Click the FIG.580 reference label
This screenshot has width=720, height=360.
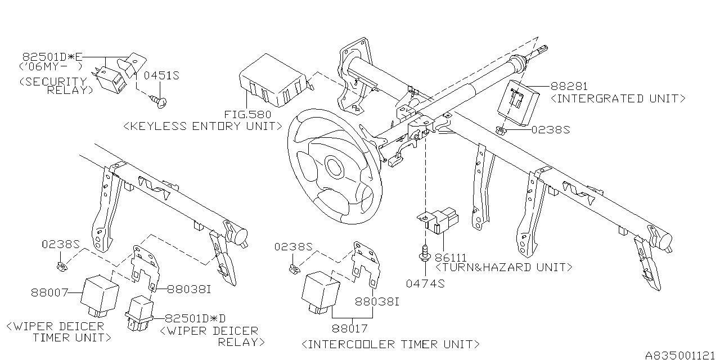pyautogui.click(x=248, y=114)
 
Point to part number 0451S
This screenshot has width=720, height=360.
pyautogui.click(x=161, y=75)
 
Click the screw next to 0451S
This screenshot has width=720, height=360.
pyautogui.click(x=159, y=101)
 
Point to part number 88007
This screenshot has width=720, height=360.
pyautogui.click(x=50, y=292)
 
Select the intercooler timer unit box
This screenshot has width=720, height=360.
pyautogui.click(x=320, y=292)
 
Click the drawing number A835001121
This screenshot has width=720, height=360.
pyautogui.click(x=681, y=355)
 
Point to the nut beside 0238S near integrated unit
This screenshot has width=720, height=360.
pyautogui.click(x=500, y=131)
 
